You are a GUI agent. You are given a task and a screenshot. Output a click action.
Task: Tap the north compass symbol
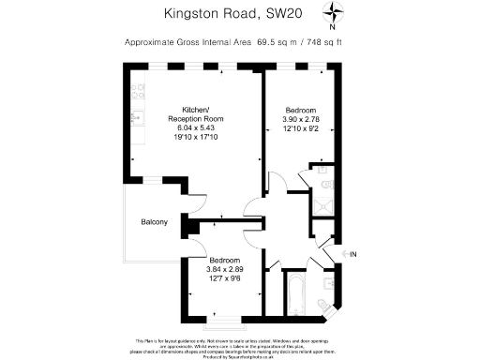[336, 12]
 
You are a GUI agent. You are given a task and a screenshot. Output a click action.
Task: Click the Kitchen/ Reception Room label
[195, 114]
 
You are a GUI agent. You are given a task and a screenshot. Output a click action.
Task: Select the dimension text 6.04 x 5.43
[195, 128]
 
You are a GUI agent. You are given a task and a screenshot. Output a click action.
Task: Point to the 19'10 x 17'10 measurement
[195, 138]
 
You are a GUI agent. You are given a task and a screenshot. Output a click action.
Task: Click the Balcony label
[155, 222]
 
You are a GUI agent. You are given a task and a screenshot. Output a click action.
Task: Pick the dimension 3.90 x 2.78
[300, 120]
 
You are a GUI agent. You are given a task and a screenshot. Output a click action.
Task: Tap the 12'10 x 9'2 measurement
[300, 129]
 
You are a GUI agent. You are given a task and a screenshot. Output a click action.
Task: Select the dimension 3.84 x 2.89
[225, 269]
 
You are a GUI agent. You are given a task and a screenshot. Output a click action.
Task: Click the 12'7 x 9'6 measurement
[225, 278]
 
